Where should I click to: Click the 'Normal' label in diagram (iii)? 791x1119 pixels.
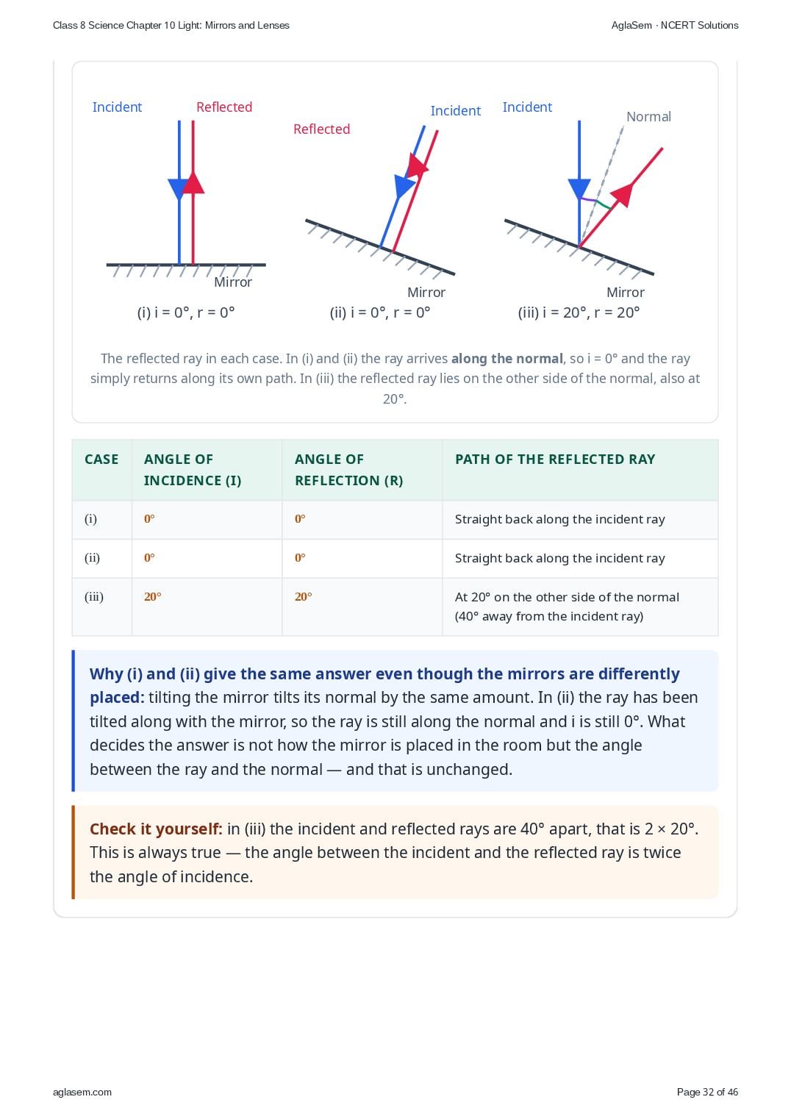648,117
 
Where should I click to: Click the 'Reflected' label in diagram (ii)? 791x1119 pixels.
321,129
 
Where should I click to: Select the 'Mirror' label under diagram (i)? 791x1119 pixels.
233,282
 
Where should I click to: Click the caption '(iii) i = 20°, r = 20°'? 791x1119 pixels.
579,312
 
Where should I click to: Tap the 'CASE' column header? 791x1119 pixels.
101,459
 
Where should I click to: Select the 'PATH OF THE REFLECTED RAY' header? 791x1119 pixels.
555,459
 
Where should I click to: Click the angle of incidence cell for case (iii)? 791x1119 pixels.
153,596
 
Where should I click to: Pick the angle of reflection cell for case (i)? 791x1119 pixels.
300,518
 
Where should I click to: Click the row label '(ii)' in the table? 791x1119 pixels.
92,557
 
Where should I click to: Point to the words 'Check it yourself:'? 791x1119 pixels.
156,829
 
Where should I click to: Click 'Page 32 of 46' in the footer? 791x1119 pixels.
707,1092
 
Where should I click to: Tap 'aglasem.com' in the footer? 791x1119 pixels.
82,1092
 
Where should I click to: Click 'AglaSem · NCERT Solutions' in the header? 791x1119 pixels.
675,26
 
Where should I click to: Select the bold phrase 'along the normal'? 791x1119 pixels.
507,359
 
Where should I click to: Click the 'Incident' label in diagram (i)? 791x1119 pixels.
117,107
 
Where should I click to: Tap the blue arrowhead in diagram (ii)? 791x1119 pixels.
404,186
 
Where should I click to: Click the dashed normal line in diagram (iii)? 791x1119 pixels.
601,187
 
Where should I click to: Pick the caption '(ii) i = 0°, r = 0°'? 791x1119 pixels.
379,312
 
